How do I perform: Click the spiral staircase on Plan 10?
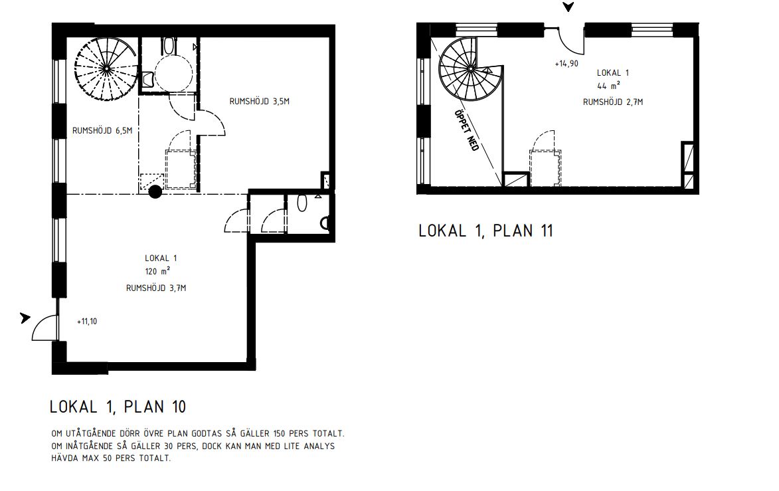click(x=106, y=68)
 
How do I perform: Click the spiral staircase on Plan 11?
click(x=470, y=70)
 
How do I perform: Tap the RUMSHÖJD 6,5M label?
click(x=102, y=131)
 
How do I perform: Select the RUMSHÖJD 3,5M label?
click(x=260, y=102)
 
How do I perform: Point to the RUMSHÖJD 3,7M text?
click(x=156, y=288)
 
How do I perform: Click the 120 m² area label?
click(x=157, y=271)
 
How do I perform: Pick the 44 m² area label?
click(x=608, y=86)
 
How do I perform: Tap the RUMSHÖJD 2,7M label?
click(x=613, y=102)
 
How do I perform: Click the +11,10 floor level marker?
click(x=87, y=322)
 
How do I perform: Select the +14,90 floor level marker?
click(x=566, y=64)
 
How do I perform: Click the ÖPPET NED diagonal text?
click(x=466, y=130)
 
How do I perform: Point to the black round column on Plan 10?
click(x=155, y=192)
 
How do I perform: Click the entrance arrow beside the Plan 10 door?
click(x=25, y=318)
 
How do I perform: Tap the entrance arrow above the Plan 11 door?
click(x=568, y=7)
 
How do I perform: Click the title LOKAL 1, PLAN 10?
click(x=118, y=407)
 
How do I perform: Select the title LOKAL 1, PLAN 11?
click(x=486, y=231)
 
